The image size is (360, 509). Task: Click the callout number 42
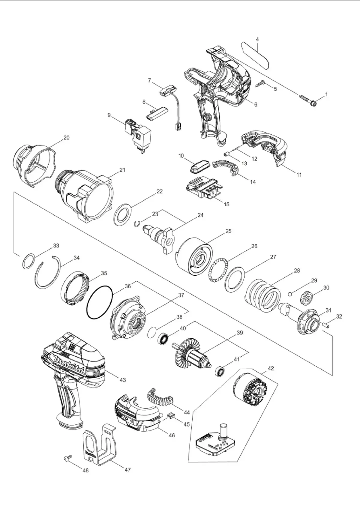click(271, 368)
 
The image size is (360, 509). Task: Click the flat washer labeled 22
click(123, 214)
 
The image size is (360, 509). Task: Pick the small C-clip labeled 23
click(137, 223)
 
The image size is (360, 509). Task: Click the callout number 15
click(226, 204)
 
